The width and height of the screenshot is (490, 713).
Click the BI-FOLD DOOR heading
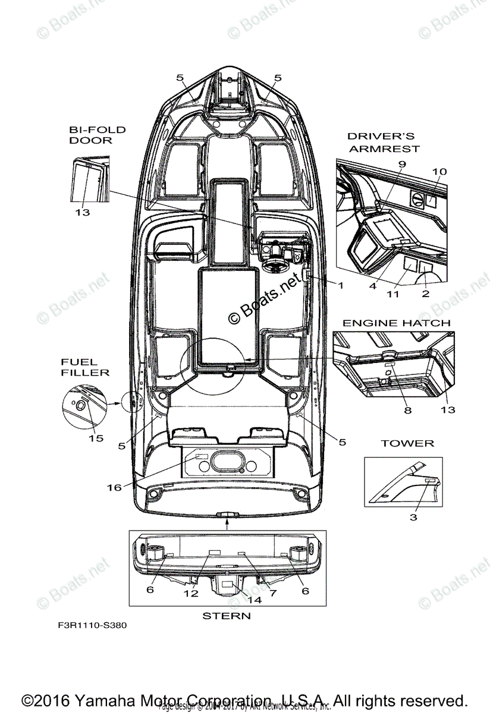click(90, 135)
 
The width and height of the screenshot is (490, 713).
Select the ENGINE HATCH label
click(396, 323)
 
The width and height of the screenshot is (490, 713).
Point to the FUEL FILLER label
click(84, 367)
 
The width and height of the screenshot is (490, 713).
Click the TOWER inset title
click(407, 443)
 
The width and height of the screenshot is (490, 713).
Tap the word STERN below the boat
click(227, 616)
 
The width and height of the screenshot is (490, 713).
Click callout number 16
click(114, 487)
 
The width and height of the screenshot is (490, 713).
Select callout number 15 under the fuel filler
click(96, 438)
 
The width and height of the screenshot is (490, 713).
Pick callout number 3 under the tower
click(413, 518)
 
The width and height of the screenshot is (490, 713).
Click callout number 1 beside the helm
click(341, 285)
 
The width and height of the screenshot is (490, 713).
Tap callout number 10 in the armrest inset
click(439, 172)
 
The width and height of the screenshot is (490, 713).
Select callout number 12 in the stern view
click(190, 593)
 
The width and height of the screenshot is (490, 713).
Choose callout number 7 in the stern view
click(272, 593)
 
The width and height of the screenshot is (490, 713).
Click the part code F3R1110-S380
click(92, 625)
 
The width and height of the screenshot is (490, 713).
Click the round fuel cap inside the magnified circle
click(80, 405)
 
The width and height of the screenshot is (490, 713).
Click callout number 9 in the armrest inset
click(402, 163)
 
